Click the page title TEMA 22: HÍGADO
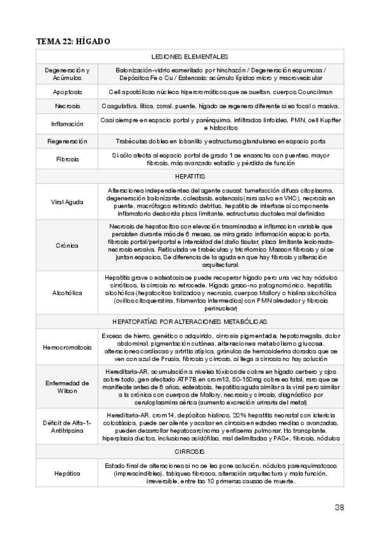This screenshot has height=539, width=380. [x=74, y=41]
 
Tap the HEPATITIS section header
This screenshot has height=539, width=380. [x=190, y=175]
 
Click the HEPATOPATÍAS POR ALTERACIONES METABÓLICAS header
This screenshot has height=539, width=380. [x=190, y=322]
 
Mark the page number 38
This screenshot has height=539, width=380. [x=339, y=507]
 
